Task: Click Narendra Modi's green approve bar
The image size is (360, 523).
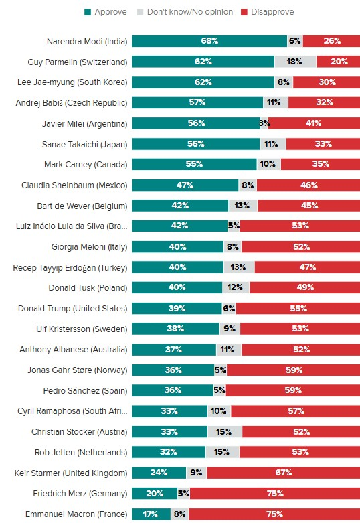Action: (x=209, y=41)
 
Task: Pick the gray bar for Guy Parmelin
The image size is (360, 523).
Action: (x=295, y=62)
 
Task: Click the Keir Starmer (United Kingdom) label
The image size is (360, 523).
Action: (x=70, y=473)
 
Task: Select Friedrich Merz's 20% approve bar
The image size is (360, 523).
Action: (x=155, y=494)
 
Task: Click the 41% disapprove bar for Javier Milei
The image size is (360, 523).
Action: (x=314, y=123)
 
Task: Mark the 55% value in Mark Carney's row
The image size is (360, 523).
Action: (x=194, y=164)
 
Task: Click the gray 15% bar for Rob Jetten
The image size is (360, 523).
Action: (x=222, y=452)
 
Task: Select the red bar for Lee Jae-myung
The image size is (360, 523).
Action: (x=326, y=82)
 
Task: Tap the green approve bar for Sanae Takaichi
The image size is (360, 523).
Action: (x=195, y=144)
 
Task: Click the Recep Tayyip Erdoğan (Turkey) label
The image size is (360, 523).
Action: (x=70, y=267)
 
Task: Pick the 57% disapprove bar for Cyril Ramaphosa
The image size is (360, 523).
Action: (x=295, y=411)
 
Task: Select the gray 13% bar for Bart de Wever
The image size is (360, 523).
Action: (x=243, y=206)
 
